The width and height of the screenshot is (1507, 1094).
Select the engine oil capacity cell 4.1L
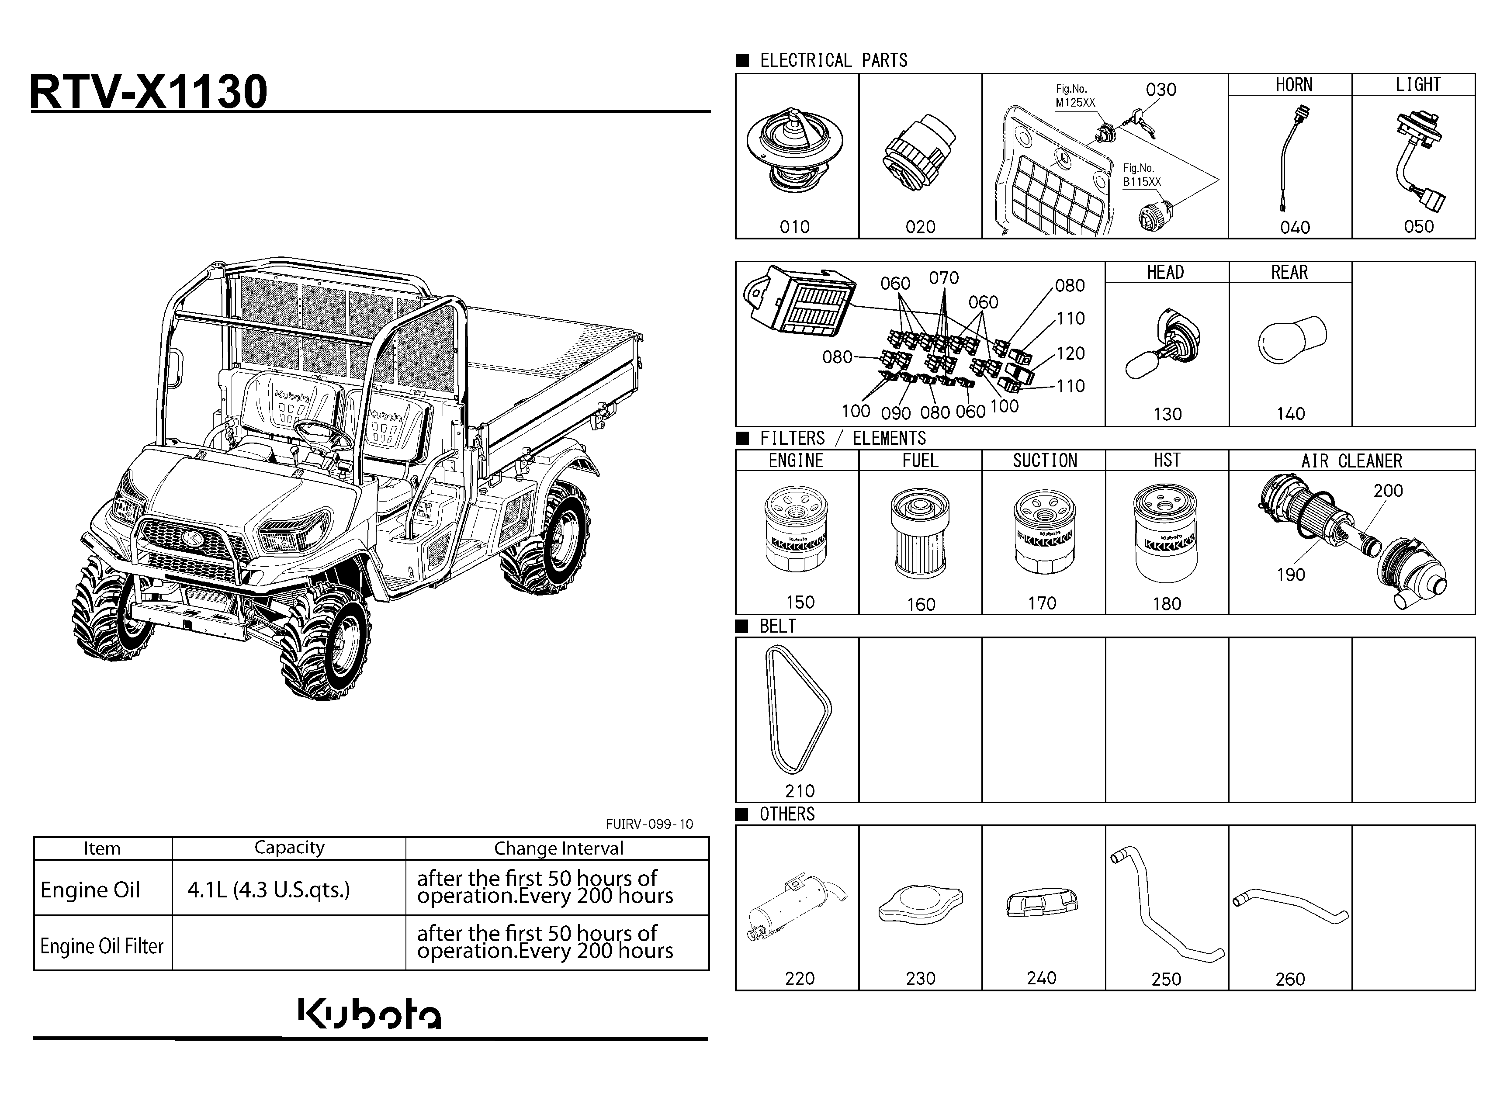pos(268,890)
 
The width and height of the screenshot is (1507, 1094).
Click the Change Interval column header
pos(558,848)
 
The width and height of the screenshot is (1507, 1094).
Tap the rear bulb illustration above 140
pos(1292,339)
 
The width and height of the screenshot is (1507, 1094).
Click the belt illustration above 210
pos(797,710)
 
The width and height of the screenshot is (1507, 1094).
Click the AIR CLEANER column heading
pos(1351,461)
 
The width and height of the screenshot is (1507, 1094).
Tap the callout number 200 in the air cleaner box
pos(1388,491)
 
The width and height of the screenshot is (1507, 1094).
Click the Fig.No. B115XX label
pos(1142,175)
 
